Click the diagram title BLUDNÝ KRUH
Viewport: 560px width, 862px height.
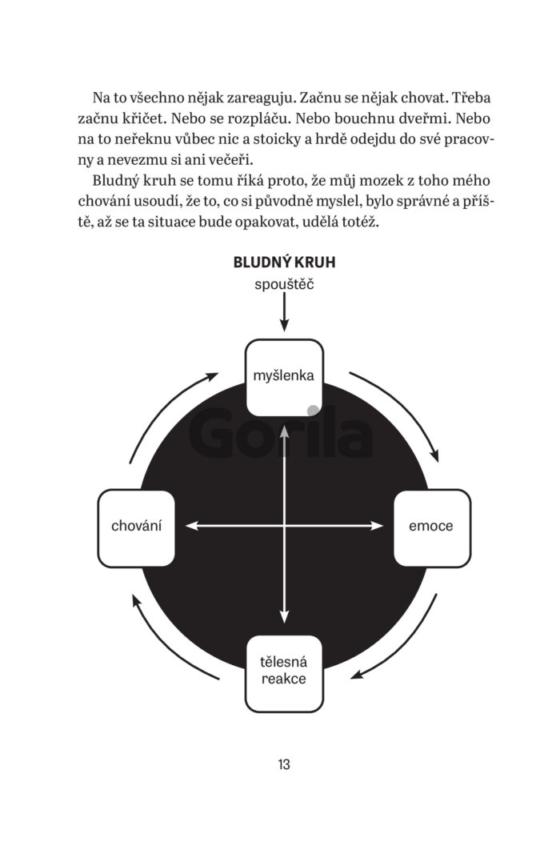pyautogui.click(x=284, y=263)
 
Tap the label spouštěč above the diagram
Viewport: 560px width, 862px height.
pyautogui.click(x=284, y=285)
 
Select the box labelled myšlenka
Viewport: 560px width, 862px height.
pyautogui.click(x=284, y=378)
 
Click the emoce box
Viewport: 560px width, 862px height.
pyautogui.click(x=432, y=527)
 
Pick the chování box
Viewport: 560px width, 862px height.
pyautogui.click(x=136, y=527)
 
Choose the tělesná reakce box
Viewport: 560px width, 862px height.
pyautogui.click(x=284, y=673)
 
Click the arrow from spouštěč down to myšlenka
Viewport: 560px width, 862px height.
pyautogui.click(x=284, y=311)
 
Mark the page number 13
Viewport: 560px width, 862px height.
pyautogui.click(x=284, y=764)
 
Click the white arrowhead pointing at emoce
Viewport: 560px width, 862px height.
pyautogui.click(x=377, y=526)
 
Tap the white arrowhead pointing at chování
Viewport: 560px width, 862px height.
pyautogui.click(x=192, y=526)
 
